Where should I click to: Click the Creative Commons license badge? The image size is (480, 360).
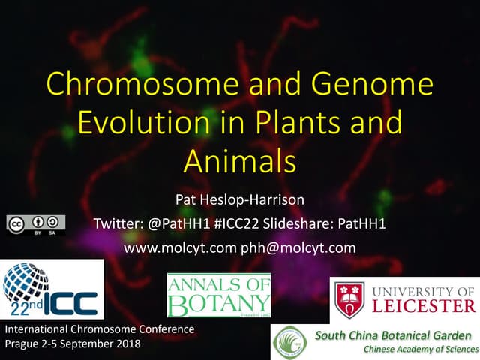pos(36,224)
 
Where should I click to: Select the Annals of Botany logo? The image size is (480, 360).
pos(218,295)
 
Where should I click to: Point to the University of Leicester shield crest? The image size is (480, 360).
pos(350,298)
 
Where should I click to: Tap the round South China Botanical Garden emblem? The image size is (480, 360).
pos(289,341)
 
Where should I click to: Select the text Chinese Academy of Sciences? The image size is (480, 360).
pos(419,349)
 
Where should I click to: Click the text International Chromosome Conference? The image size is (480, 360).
pos(100,329)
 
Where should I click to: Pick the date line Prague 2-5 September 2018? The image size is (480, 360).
pos(72,344)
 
